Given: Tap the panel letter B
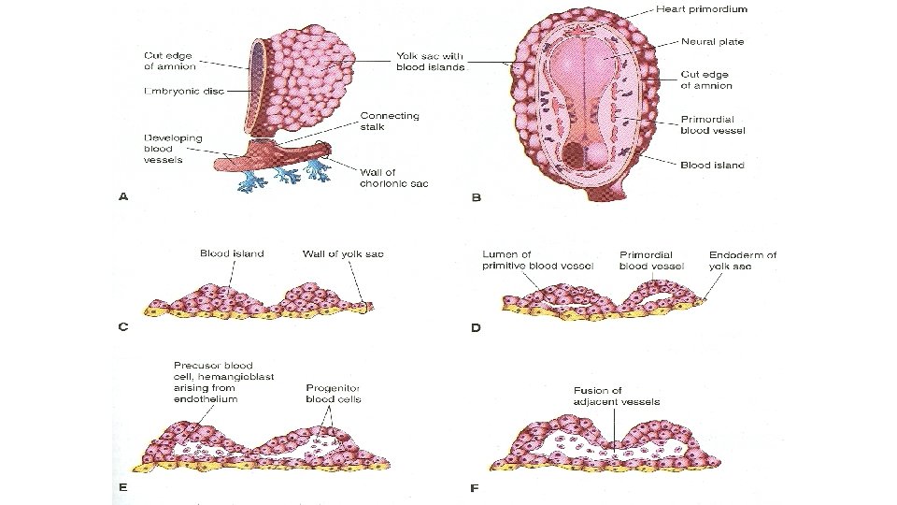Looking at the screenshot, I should tap(476, 197).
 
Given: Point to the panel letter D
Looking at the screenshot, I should tap(476, 328).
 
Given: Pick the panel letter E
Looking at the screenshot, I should tap(123, 487).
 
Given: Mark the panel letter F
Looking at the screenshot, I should tap(476, 487).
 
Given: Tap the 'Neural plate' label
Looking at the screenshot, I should tap(706, 42).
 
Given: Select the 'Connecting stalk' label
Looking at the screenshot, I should tap(390, 122).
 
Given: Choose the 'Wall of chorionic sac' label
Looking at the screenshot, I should tap(393, 177).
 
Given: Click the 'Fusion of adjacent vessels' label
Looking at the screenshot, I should tap(617, 396).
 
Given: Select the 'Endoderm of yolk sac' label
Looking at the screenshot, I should tap(743, 259).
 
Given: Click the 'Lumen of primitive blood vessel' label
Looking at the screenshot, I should tap(534, 259).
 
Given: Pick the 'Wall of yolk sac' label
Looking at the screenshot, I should tap(342, 253).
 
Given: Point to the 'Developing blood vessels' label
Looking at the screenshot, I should tap(172, 149).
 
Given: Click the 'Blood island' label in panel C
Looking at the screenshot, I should tap(232, 253).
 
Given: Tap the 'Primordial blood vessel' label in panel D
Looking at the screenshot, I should tap(652, 259).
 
